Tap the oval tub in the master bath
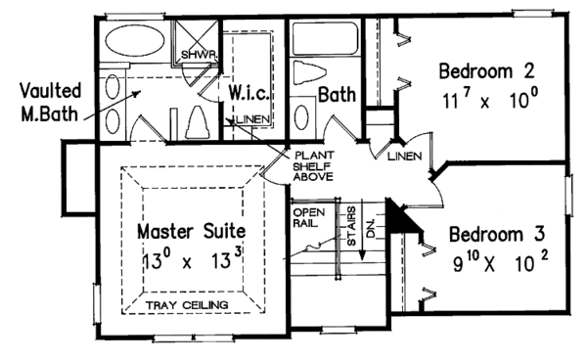[133, 43]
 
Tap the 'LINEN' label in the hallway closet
[403, 157]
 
